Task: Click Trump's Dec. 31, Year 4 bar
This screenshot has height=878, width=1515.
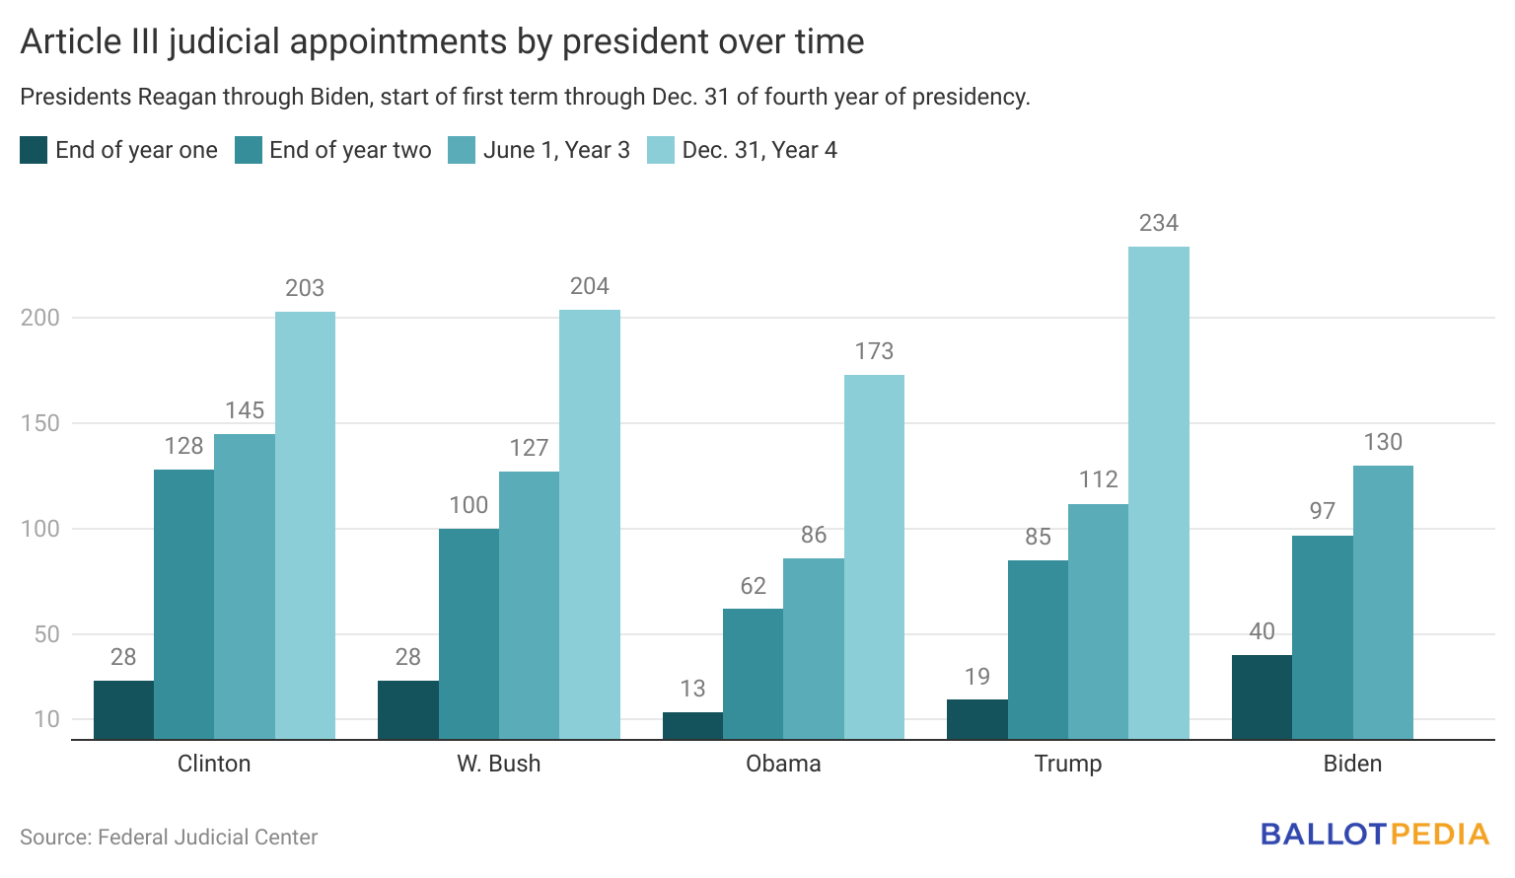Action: [x=1158, y=492]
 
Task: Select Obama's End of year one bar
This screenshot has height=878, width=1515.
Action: [x=692, y=725]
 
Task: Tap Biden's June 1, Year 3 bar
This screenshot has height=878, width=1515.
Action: [x=1382, y=602]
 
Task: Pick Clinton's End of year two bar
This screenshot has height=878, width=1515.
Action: [x=183, y=604]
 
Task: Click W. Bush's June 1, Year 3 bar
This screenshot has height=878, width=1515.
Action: [x=529, y=605]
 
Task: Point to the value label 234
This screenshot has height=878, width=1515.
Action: [x=1158, y=223]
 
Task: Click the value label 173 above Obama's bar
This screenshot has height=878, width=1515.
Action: [x=874, y=351]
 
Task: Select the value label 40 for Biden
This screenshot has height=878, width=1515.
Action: [x=1262, y=631]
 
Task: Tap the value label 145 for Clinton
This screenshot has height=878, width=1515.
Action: [x=245, y=410]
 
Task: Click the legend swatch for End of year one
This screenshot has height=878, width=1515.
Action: [x=34, y=150]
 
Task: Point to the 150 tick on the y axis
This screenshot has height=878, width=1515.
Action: [x=40, y=423]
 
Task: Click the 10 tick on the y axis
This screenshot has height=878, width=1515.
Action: [x=46, y=719]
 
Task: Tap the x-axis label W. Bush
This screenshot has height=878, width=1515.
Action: [x=498, y=764]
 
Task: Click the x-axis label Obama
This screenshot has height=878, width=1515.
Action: [x=783, y=764]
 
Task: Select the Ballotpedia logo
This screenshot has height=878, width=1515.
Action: [x=1374, y=835]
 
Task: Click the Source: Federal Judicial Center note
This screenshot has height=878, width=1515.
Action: [x=169, y=838]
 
